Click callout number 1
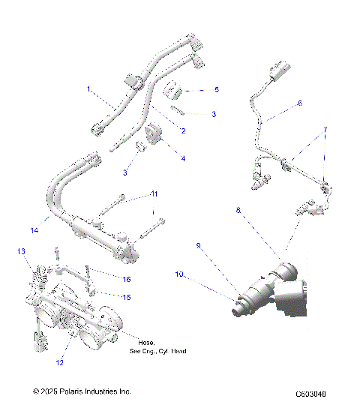pos(88,89)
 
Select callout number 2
pos(182,131)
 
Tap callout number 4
pos(182,158)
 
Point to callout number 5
pos(217,89)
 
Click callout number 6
pos(299,103)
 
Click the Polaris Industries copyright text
pos(82,391)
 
